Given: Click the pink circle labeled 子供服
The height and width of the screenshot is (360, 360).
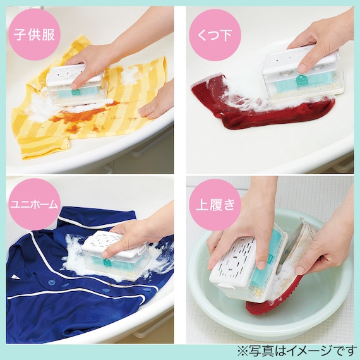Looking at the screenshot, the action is coord(34,35).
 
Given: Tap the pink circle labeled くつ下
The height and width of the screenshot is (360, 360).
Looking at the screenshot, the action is coord(215,35).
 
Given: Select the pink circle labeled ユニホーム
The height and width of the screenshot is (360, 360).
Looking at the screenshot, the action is coord(34,205).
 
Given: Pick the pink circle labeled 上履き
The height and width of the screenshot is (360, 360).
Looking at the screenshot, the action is coord(215,205).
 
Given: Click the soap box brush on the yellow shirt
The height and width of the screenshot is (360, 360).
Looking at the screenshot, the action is coord(76,85).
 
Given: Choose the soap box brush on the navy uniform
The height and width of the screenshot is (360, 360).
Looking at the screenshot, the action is coord(115,255).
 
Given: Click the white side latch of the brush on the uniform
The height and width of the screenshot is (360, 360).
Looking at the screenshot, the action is coord(143,248).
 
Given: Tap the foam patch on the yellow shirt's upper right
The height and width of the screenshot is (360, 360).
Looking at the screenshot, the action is coord(129,74).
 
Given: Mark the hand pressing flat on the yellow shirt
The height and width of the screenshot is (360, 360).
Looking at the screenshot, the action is coord(159,101).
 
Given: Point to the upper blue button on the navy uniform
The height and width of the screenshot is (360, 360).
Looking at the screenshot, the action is coord(51,282).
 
